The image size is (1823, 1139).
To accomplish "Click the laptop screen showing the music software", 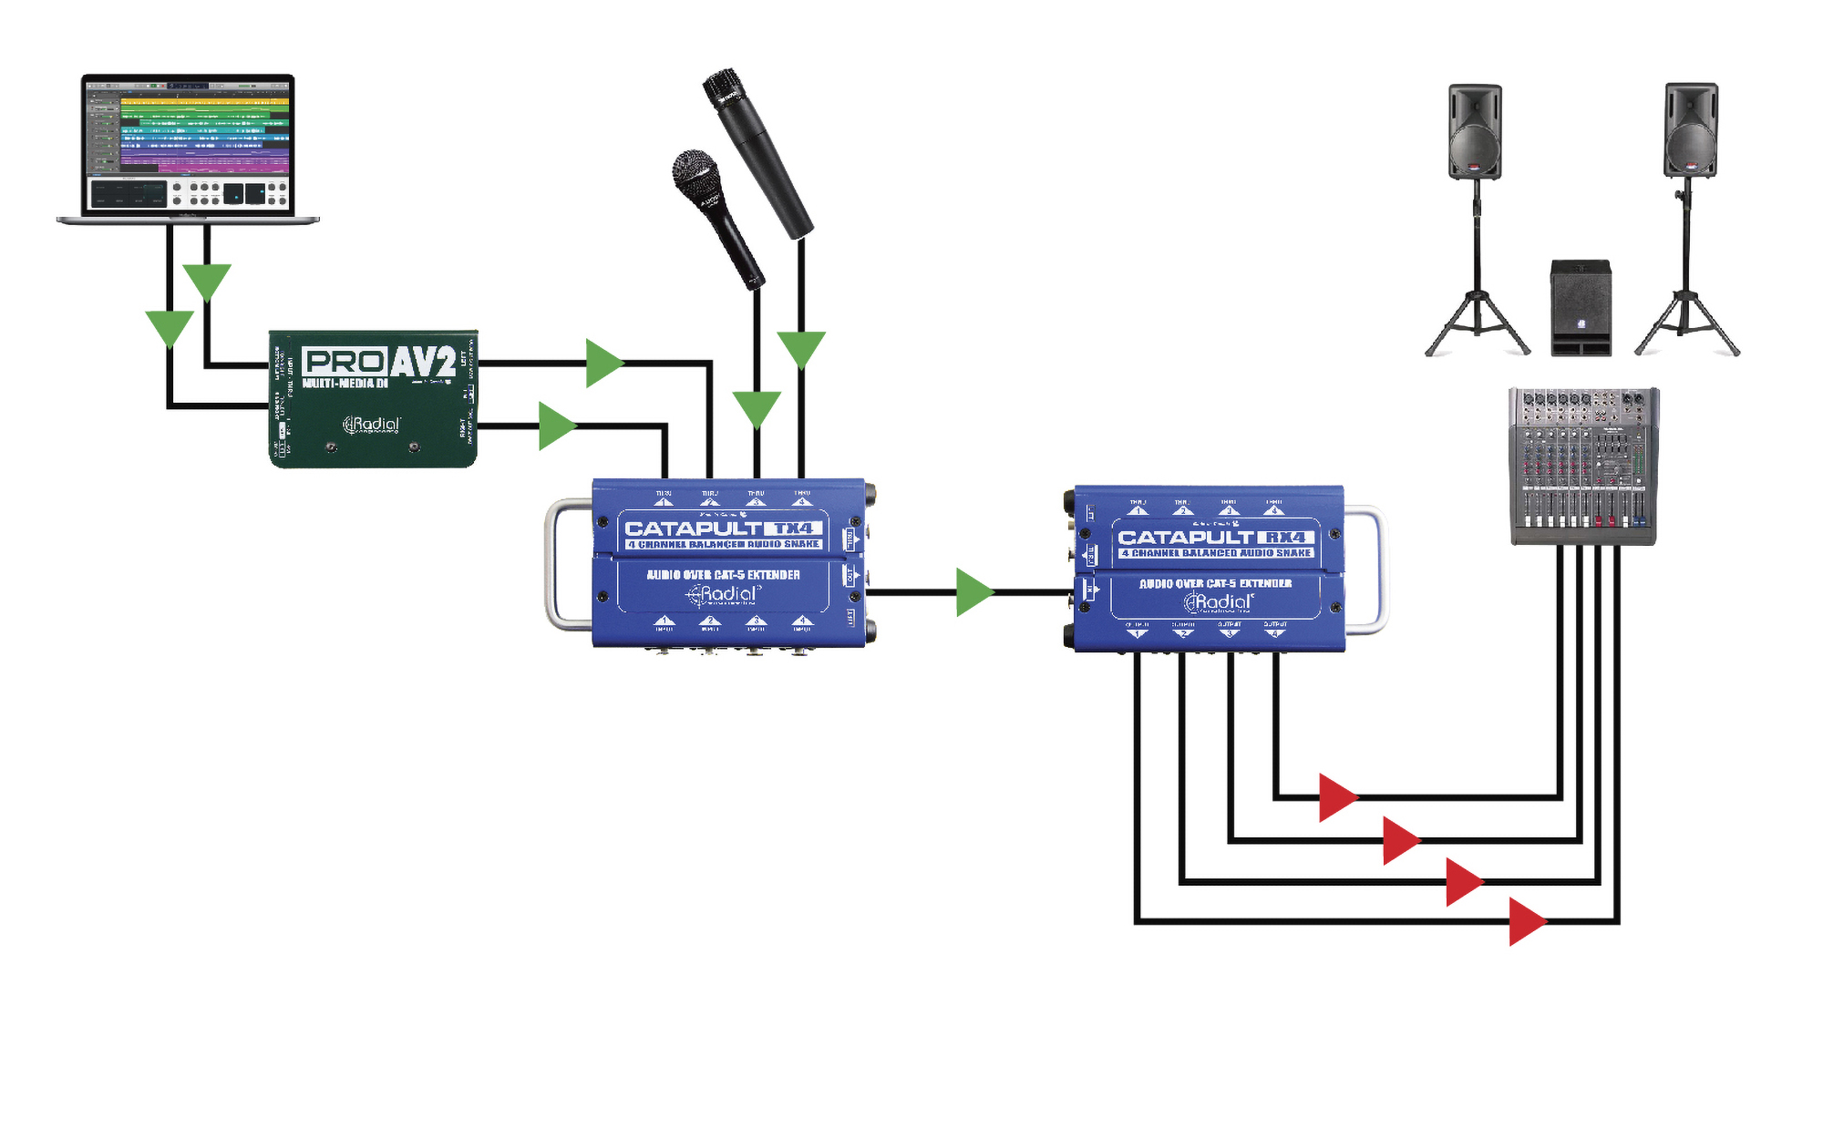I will point(188,144).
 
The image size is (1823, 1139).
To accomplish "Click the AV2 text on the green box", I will point(423,362).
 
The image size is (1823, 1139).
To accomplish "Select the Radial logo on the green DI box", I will point(372,425).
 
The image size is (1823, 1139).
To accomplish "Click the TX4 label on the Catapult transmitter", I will point(793,528).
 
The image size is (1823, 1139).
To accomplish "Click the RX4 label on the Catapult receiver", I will point(1285,538).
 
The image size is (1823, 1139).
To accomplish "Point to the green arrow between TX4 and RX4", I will point(973,592).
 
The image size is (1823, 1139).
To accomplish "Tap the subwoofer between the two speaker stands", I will point(1581,307).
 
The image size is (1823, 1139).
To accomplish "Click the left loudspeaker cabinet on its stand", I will point(1475,131).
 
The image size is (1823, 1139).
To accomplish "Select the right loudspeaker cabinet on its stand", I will point(1691,130).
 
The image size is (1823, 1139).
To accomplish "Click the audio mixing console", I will point(1583,466).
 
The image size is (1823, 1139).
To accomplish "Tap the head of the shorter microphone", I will point(696,173).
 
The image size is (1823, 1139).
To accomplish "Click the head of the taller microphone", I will point(726,89).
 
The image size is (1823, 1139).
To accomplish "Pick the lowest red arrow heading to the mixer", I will point(1526,921).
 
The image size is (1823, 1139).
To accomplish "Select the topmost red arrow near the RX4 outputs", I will point(1337,797).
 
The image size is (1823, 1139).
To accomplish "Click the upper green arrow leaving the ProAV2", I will point(603,363).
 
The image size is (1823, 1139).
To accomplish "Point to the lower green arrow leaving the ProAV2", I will point(556,426).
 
